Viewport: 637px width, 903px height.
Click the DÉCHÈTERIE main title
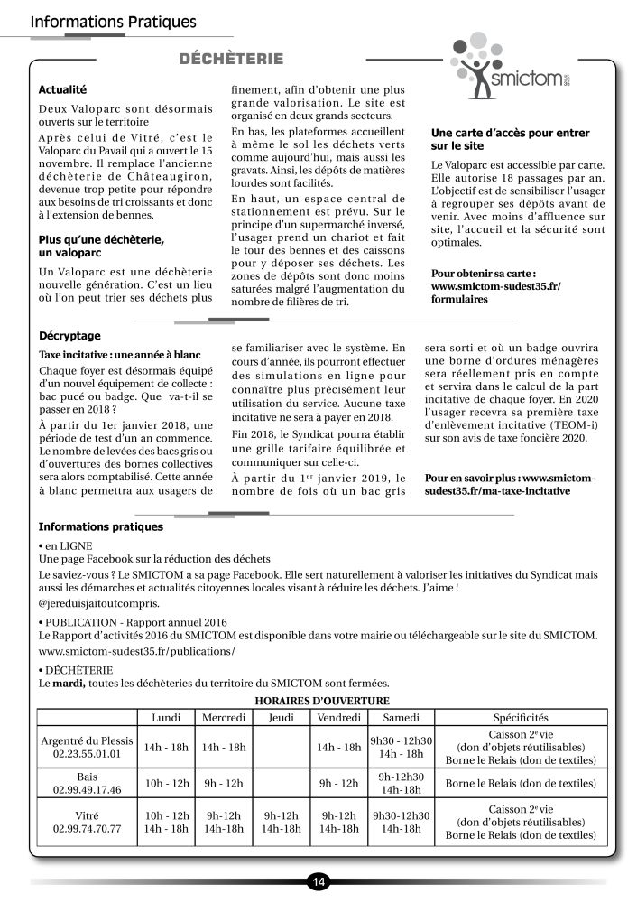tap(232, 60)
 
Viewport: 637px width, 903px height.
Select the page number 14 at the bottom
tap(318, 881)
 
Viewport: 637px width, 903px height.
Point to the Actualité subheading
tap(62, 90)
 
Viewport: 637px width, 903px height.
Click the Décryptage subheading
tap(69, 334)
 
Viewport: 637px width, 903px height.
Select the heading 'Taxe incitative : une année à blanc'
tap(120, 354)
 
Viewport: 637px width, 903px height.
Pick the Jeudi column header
tap(281, 717)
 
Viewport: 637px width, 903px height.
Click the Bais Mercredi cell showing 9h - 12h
tap(224, 783)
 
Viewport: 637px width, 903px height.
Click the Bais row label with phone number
tap(88, 783)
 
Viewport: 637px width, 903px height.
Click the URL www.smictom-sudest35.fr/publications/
tap(137, 650)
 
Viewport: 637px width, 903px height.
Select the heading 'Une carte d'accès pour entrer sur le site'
tap(510, 138)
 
